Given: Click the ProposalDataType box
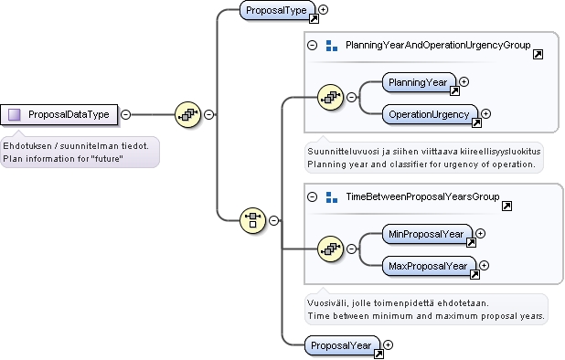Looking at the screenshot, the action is click(x=59, y=115).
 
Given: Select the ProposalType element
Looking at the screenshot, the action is click(x=277, y=10).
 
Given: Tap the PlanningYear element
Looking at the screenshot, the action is click(x=419, y=82).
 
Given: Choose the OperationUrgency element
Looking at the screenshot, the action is click(x=430, y=114).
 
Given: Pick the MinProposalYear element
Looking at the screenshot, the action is click(x=427, y=234).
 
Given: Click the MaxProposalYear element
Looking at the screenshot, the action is click(x=429, y=266).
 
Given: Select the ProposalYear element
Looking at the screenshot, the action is click(x=342, y=345).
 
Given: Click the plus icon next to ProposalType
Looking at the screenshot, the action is click(x=324, y=10).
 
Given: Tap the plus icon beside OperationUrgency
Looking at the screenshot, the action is click(x=486, y=114).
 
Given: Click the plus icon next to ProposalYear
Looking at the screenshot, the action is click(x=388, y=344).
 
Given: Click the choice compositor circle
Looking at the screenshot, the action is click(x=252, y=220).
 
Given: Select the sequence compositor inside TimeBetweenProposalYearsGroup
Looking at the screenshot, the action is click(x=330, y=249).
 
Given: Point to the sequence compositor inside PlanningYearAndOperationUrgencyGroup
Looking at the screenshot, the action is click(x=330, y=97).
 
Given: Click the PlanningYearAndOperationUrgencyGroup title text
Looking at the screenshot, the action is click(x=438, y=46).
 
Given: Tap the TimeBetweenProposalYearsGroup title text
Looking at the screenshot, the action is click(x=422, y=196).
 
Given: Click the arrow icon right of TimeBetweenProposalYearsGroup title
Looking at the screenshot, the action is click(x=507, y=206).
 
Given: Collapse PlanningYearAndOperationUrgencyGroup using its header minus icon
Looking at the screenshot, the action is click(x=313, y=46).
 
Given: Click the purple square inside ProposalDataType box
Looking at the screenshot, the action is click(x=15, y=115).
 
